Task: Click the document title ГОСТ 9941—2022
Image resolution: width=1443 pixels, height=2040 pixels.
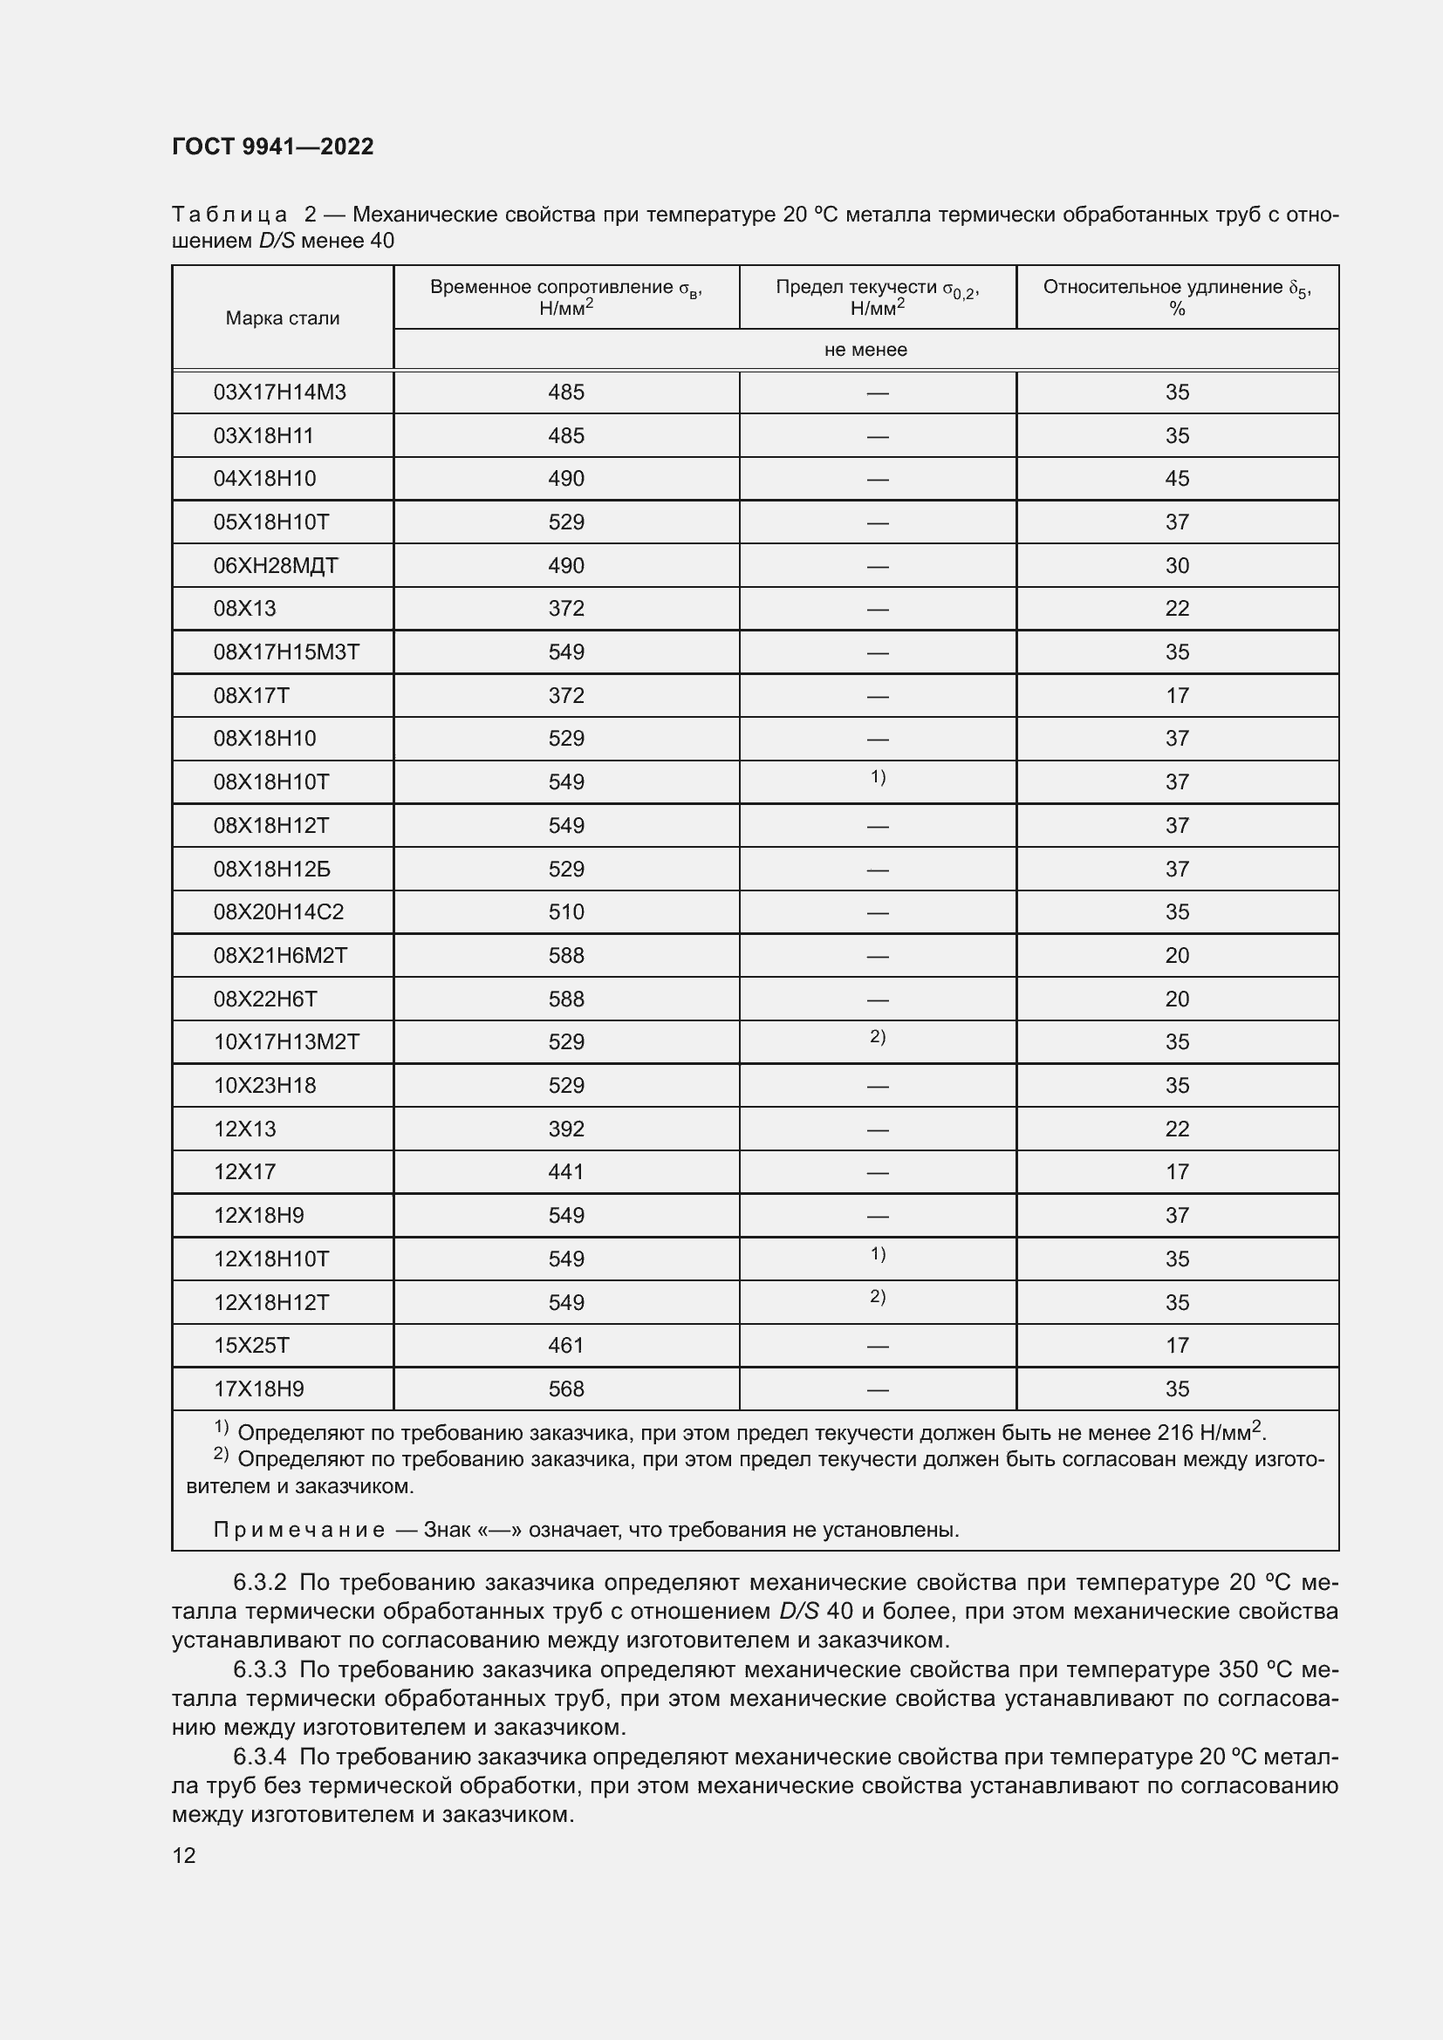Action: [273, 147]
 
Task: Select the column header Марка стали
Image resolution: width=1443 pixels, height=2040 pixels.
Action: [283, 318]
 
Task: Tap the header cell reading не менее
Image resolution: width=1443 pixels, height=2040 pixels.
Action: [865, 350]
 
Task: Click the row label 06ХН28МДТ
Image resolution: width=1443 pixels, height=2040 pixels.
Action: [276, 566]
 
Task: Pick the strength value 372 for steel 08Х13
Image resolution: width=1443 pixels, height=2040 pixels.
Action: [566, 609]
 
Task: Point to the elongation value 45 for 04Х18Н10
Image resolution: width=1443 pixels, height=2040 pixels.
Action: [1176, 479]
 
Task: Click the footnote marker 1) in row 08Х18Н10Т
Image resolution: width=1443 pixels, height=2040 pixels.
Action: [877, 777]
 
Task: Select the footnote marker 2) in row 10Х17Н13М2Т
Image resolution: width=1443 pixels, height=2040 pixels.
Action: [877, 1037]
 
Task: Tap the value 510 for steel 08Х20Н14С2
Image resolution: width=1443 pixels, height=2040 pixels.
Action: [566, 912]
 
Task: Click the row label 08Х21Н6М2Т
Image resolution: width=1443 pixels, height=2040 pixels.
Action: [280, 956]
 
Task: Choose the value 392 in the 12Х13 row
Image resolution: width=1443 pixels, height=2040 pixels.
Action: [566, 1129]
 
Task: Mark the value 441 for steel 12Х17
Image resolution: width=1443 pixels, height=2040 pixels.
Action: [566, 1172]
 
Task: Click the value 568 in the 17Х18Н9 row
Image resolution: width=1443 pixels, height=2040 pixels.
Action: [566, 1388]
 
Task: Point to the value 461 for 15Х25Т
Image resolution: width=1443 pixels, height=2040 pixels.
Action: [566, 1345]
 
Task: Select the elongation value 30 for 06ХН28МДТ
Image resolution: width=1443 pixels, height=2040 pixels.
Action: [1176, 566]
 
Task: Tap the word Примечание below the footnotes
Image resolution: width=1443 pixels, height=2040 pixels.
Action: [298, 1530]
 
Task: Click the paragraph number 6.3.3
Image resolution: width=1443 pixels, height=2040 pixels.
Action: [259, 1669]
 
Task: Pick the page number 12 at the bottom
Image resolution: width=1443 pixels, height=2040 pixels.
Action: [184, 1855]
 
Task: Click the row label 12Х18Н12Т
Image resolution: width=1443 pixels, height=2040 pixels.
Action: [271, 1302]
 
